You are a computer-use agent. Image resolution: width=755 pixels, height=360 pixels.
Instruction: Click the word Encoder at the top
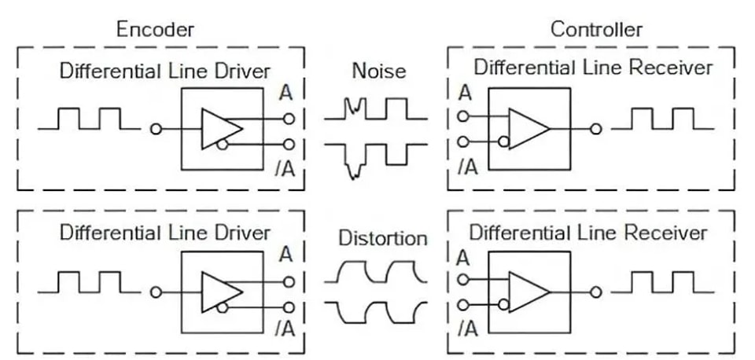(155, 30)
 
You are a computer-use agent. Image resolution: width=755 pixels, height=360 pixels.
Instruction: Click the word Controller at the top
(596, 30)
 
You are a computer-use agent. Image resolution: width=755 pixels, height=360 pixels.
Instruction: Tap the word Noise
(379, 72)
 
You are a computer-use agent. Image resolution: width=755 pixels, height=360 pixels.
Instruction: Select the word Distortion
(383, 238)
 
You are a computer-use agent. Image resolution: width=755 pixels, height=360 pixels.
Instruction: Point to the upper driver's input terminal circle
(156, 129)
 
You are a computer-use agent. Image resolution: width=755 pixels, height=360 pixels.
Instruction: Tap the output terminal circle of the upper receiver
(595, 129)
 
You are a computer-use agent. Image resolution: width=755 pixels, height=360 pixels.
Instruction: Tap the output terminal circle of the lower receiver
(595, 292)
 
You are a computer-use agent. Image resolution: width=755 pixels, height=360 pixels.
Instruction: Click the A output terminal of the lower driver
(289, 282)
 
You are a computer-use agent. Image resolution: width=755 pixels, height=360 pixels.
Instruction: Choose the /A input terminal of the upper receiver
(462, 142)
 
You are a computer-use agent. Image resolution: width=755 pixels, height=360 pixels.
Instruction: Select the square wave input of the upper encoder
(89, 119)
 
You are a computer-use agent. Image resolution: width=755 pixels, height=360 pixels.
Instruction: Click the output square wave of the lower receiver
(662, 282)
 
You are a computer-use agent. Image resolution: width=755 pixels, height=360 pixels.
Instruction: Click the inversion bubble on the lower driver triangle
(222, 307)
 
